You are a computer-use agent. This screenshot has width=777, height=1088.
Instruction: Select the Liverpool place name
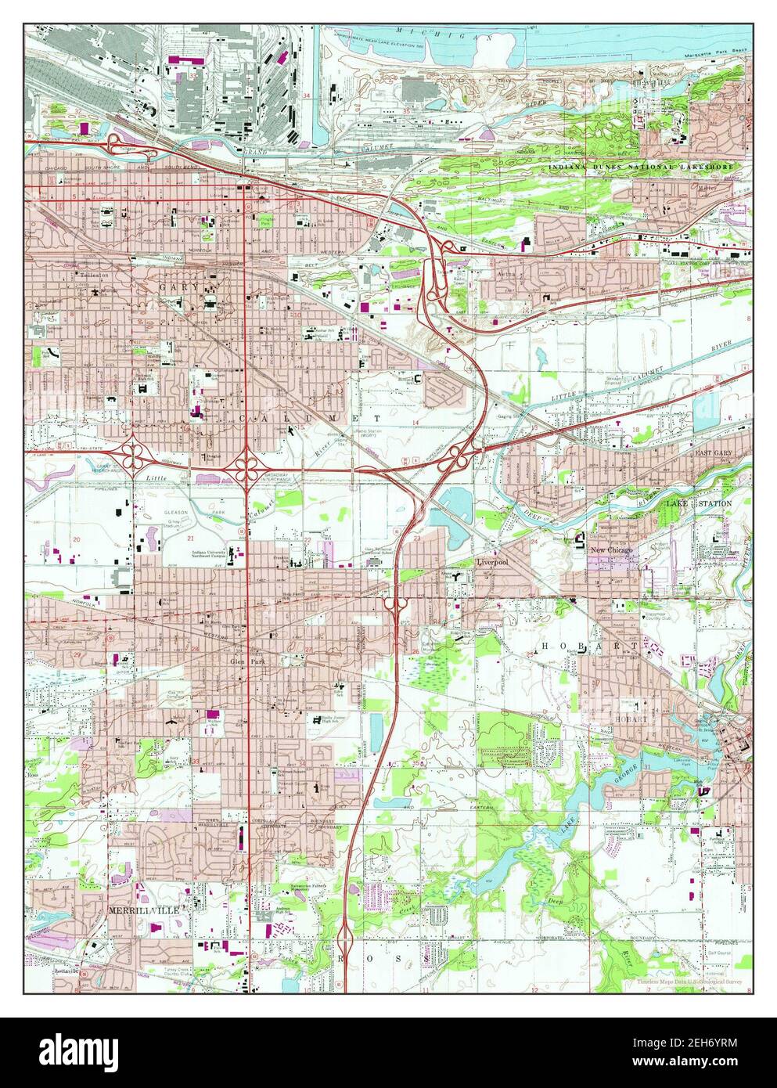click(493, 562)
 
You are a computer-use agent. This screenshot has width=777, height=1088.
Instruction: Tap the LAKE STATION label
click(699, 503)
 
